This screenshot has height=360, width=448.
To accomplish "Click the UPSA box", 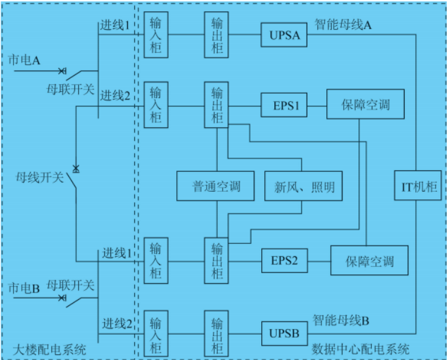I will [x=284, y=35].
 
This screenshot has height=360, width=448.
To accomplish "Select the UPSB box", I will [x=284, y=334].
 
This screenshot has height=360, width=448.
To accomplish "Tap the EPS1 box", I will [x=286, y=106].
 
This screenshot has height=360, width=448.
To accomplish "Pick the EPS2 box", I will [x=285, y=261].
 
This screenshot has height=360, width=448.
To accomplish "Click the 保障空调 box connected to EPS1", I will [x=365, y=105].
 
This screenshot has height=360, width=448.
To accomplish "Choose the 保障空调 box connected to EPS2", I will [x=370, y=261].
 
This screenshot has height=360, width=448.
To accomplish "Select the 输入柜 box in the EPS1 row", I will [x=156, y=104].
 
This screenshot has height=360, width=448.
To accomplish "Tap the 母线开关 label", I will [x=40, y=178].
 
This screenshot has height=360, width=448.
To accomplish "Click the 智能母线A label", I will [x=343, y=25].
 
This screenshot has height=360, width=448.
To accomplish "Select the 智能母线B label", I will [x=341, y=320].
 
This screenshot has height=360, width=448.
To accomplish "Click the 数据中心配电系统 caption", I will [x=361, y=349].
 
